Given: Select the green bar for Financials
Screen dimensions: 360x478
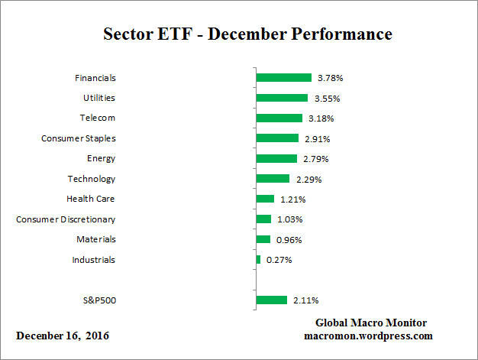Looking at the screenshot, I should pos(283,78).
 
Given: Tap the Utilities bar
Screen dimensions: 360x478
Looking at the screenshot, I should pos(282,98).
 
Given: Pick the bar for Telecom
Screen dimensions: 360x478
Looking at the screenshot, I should pos(279,118).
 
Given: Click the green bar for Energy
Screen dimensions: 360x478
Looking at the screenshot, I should pos(276,158).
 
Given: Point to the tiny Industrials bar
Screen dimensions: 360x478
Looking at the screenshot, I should pos(258,260).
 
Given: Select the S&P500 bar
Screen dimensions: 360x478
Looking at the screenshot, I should pos(271,300).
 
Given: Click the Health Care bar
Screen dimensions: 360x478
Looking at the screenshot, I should pos(265,199).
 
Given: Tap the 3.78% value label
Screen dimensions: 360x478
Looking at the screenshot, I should pos(330,78).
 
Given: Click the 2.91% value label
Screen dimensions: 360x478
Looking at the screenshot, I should pos(317,138).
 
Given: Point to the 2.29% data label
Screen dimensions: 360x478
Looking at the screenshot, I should pos(308,179).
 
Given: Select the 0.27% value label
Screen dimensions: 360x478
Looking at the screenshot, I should pos(279,260).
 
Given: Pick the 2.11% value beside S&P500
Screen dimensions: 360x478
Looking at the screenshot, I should pos(305,300).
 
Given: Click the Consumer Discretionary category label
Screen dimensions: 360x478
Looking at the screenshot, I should pos(66,219).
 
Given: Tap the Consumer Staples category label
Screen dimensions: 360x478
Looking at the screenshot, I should pos(78,138).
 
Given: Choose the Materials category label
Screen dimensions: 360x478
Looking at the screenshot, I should pos(96,239).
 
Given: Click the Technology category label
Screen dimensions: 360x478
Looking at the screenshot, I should pos(92,179).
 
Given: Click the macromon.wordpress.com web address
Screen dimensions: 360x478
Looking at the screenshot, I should pos(369,336).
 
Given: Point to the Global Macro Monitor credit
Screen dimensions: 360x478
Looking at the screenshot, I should pos(370,323).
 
